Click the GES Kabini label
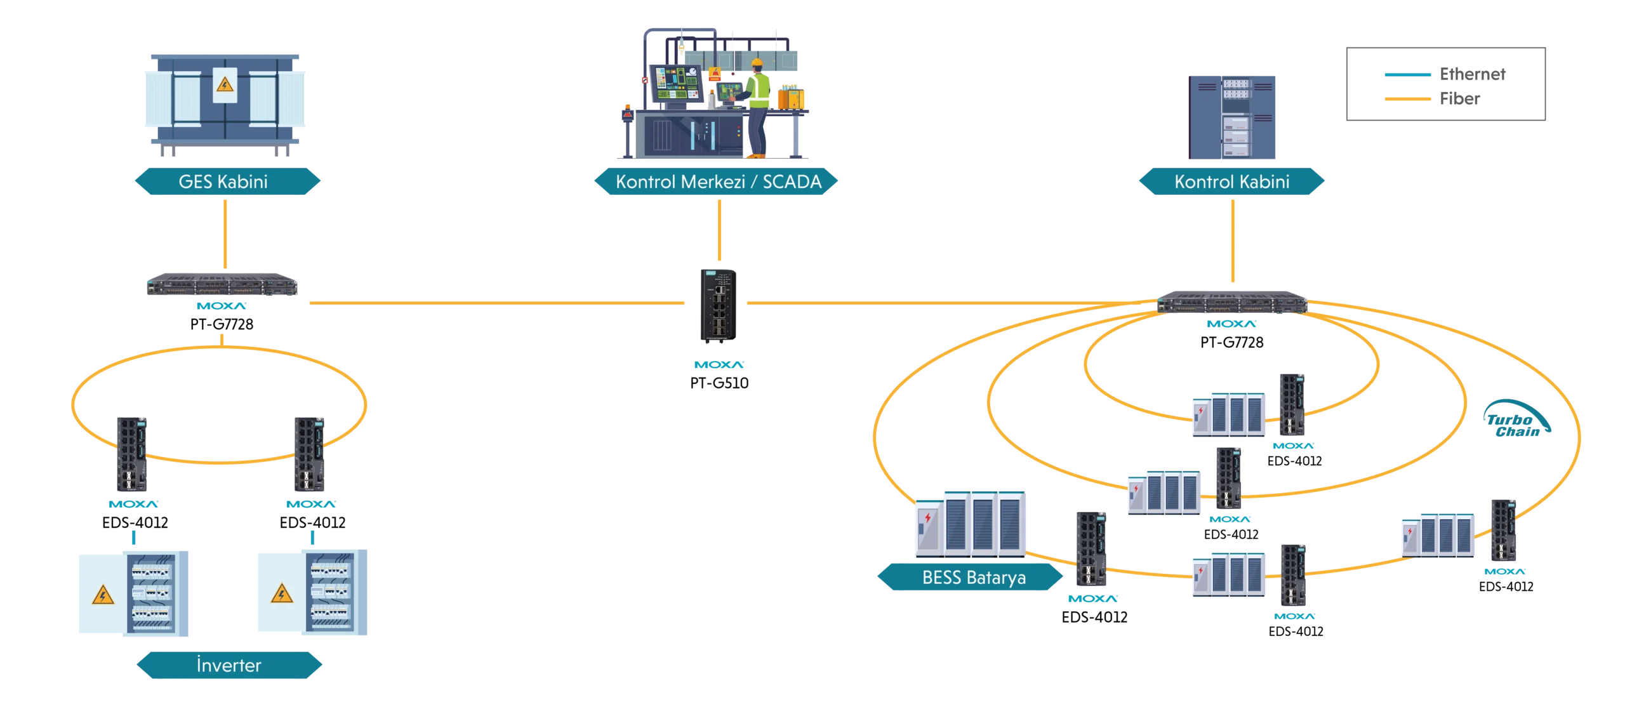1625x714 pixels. (x=223, y=182)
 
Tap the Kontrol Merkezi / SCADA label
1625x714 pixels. (x=718, y=182)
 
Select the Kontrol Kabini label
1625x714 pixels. (x=1231, y=182)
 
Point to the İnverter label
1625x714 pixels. (x=229, y=666)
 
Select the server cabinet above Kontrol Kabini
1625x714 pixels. (x=1233, y=116)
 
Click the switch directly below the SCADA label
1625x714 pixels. (x=720, y=307)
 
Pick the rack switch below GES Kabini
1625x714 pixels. (x=223, y=285)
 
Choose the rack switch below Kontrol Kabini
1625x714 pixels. (x=1233, y=302)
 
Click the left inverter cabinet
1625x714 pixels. (x=134, y=593)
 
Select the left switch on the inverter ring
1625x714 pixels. (x=132, y=454)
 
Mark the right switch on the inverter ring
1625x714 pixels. (x=309, y=454)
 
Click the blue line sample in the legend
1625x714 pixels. (x=1406, y=75)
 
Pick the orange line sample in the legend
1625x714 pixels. (x=1406, y=99)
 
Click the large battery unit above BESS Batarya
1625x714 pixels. (x=971, y=524)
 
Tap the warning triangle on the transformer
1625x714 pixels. (x=223, y=84)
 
